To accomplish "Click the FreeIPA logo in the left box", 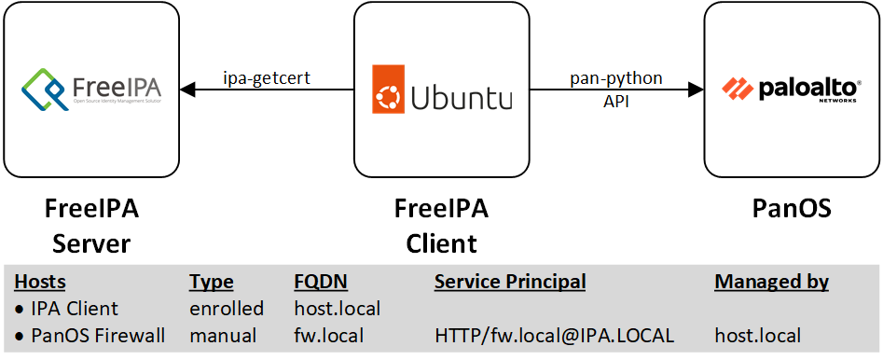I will (90, 90).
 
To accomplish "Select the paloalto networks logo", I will (791, 90).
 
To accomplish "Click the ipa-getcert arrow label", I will (266, 78).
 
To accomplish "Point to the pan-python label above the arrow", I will (616, 78).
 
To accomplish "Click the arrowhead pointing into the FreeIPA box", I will (187, 90).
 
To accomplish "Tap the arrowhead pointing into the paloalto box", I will (695, 90).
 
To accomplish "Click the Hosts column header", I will (40, 282).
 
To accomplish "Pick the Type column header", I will (211, 282).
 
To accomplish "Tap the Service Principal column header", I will (510, 282).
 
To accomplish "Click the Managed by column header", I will (771, 282).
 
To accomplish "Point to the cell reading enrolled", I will (226, 308).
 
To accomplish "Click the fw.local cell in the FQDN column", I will (328, 334).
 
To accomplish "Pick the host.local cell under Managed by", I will (757, 334).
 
